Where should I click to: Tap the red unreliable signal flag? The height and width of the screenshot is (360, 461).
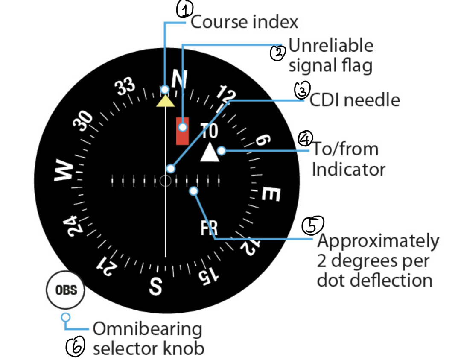point(182,131)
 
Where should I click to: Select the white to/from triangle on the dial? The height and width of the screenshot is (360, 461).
point(210,152)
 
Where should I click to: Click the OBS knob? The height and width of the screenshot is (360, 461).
point(66,290)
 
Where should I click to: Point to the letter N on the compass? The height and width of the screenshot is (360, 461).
point(180,79)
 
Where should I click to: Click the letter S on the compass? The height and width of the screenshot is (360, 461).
point(155,286)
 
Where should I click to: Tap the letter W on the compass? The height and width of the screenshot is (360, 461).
point(64,170)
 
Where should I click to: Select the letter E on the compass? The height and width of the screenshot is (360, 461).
point(271,194)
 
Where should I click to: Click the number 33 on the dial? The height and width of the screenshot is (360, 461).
point(125,86)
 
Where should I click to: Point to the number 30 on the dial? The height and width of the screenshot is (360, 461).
point(83,120)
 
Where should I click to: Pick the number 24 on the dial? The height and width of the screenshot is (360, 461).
point(72,226)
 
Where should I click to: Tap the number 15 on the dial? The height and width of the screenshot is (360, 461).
point(209,276)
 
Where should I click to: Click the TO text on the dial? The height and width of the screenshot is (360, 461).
point(209,130)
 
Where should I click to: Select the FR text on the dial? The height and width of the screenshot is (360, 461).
point(209,228)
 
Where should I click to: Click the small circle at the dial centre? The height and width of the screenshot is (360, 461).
point(166,181)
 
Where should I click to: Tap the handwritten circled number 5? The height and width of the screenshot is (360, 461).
point(313,225)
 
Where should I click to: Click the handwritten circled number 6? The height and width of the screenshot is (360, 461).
point(75,347)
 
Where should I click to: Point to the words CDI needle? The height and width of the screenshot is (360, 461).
point(355,100)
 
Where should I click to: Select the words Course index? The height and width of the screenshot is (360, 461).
point(244,22)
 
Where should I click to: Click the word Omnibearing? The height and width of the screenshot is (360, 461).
point(148,329)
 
